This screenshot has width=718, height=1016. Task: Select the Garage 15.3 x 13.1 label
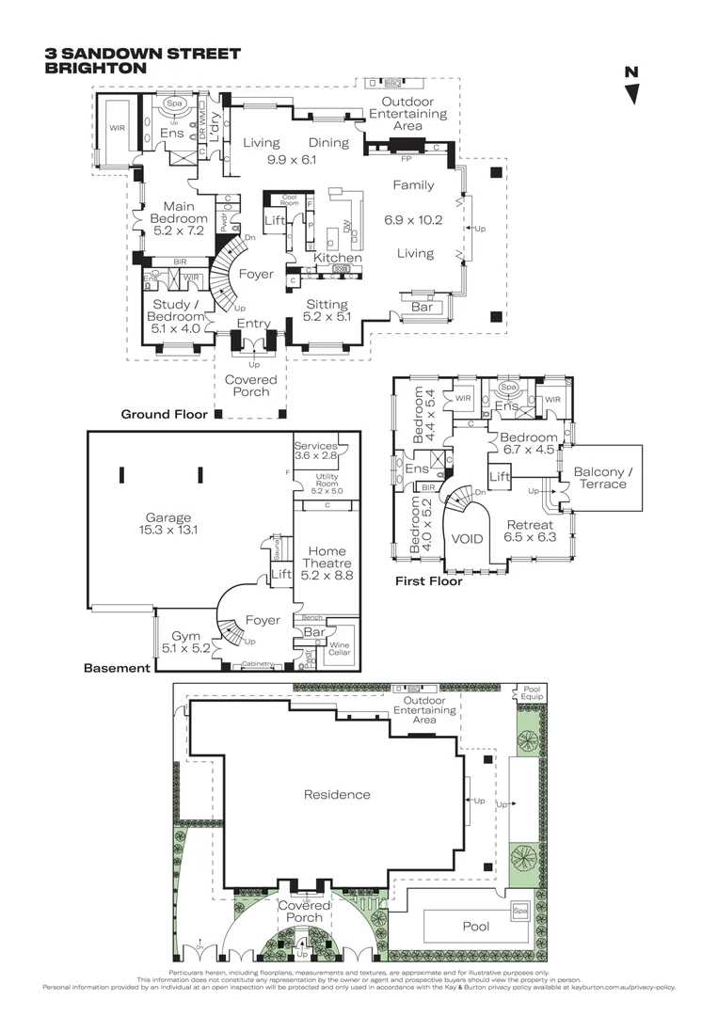pyautogui.click(x=168, y=524)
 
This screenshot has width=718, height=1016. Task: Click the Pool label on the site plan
pyautogui.click(x=475, y=927)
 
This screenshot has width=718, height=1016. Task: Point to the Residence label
pyautogui.click(x=337, y=795)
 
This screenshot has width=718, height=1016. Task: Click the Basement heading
pyautogui.click(x=117, y=669)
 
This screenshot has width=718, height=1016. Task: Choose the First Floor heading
pyautogui.click(x=429, y=581)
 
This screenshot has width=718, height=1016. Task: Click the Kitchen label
pyautogui.click(x=338, y=258)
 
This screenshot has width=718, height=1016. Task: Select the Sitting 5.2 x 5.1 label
pyautogui.click(x=327, y=310)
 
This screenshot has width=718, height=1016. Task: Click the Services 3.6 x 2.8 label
pyautogui.click(x=316, y=452)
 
